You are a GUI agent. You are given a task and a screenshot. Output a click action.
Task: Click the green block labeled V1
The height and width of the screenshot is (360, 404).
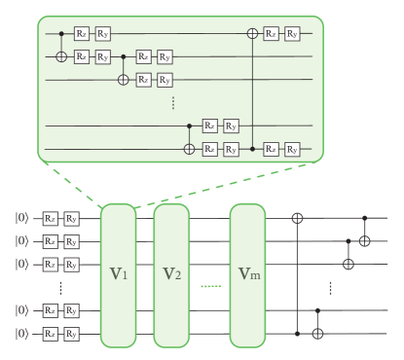[118, 275]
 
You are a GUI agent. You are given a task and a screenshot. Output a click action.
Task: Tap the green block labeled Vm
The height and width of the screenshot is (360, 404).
[247, 275]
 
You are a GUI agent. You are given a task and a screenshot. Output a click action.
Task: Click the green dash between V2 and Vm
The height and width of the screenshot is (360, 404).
[209, 285]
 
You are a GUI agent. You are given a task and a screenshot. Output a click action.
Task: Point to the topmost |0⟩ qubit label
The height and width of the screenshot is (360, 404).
[21, 219]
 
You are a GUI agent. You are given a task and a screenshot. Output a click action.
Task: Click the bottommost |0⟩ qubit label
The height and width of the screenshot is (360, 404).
[21, 334]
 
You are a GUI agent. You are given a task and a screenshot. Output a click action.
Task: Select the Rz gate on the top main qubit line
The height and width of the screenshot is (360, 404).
[50, 219]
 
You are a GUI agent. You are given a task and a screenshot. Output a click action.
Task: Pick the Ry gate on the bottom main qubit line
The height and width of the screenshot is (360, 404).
[72, 334]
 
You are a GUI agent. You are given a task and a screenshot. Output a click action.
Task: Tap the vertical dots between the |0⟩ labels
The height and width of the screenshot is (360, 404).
[61, 289]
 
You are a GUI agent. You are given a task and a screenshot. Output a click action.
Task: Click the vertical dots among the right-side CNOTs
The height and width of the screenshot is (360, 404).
[332, 288]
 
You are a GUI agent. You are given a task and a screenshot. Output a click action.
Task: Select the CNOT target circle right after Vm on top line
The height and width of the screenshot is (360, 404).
[297, 219]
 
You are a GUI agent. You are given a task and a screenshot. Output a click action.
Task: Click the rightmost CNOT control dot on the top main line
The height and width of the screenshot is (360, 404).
[365, 219]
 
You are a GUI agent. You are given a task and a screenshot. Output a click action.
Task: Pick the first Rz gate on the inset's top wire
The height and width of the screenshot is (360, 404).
[83, 34]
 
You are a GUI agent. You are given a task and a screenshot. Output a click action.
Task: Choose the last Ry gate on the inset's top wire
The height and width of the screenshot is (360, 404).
[292, 34]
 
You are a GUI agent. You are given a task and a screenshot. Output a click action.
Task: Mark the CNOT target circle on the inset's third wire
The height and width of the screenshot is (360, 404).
[123, 80]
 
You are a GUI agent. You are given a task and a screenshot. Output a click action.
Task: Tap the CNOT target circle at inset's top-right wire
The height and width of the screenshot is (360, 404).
[254, 34]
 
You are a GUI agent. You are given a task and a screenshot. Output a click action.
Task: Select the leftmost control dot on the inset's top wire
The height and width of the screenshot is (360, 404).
[62, 34]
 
